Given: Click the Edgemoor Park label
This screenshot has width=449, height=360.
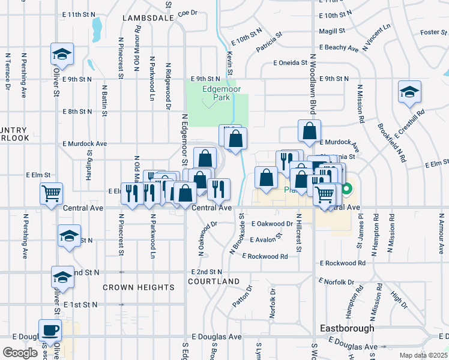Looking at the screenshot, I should [x=217, y=91].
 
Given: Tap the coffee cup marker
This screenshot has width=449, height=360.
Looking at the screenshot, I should [x=50, y=329].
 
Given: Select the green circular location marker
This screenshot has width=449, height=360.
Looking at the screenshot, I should [x=346, y=191].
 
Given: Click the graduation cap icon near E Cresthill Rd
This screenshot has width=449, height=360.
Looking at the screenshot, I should [x=409, y=92].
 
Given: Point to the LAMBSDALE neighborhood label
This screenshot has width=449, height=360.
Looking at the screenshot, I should [x=148, y=18].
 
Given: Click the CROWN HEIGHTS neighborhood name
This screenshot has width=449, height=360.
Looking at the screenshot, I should [x=138, y=287].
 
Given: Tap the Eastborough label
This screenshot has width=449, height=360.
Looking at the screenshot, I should [x=347, y=328].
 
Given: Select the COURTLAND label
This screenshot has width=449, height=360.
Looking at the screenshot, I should [x=214, y=281].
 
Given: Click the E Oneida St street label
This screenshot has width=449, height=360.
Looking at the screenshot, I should [x=291, y=62].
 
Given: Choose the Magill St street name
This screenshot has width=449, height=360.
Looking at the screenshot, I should [x=332, y=31].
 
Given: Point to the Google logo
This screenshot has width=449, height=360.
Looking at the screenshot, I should [x=20, y=352].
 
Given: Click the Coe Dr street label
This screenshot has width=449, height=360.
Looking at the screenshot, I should [x=187, y=12].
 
